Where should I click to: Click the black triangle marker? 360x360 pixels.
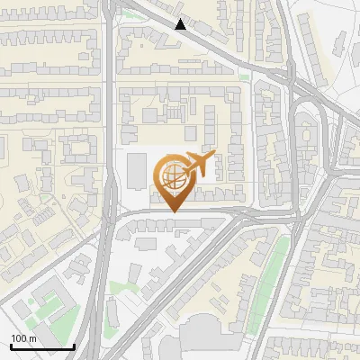[181, 25]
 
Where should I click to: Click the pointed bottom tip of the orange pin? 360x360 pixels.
[173, 211]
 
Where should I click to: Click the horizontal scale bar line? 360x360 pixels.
[42, 346]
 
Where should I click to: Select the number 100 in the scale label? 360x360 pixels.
[19, 338]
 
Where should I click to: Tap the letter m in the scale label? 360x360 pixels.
[32, 338]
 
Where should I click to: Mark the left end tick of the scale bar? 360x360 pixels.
[11, 345]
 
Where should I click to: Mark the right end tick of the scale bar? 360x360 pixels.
[74, 345]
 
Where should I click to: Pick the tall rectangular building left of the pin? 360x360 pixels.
[137, 171]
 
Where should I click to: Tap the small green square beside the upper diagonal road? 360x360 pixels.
[244, 77]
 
